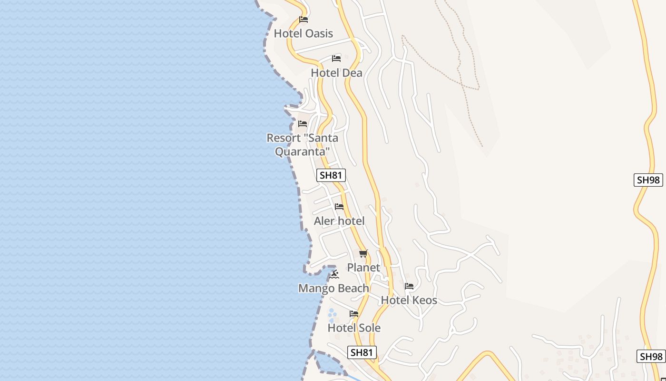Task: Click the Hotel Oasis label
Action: click(x=303, y=33)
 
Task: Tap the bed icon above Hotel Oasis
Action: click(x=304, y=20)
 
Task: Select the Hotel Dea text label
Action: click(x=336, y=73)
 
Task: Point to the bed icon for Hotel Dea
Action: click(x=336, y=59)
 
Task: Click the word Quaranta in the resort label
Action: click(x=303, y=151)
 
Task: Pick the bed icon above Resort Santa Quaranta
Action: click(x=303, y=124)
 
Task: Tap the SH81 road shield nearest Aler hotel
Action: click(x=331, y=175)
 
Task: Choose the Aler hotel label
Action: click(x=339, y=221)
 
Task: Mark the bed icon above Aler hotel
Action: click(x=339, y=207)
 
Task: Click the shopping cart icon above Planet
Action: click(x=363, y=253)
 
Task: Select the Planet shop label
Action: click(x=363, y=268)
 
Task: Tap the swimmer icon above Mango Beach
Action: click(x=334, y=274)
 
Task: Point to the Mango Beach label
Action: click(x=333, y=288)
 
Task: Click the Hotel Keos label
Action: click(x=409, y=300)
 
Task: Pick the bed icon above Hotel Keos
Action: click(x=409, y=286)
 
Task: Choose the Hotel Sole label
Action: click(x=354, y=328)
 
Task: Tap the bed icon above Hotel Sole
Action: click(x=354, y=314)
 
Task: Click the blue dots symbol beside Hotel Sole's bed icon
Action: click(x=332, y=315)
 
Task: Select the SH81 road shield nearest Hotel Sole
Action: click(x=362, y=352)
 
